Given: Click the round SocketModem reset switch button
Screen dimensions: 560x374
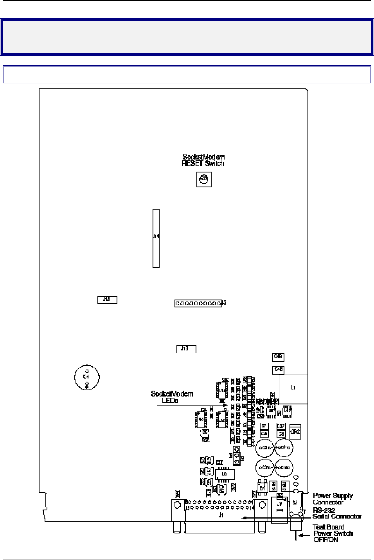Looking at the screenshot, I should point(203,180).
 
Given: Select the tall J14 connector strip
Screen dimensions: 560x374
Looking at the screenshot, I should point(156,238).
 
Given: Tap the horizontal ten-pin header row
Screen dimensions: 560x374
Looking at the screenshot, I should point(198,303).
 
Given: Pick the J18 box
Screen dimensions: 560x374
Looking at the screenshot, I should point(186,349).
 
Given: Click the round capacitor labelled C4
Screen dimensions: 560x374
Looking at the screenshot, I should point(87,377).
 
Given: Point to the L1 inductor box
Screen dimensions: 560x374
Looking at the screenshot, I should point(293,388).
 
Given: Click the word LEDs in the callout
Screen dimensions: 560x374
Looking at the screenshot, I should point(170,401).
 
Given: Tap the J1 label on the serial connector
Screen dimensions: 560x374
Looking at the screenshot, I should point(221,515).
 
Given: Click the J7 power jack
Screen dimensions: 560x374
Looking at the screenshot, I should point(279,508).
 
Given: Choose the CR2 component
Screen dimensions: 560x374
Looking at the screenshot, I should point(295,432).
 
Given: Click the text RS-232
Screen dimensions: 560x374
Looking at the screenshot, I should point(324,510).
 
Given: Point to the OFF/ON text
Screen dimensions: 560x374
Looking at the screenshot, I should point(326,540).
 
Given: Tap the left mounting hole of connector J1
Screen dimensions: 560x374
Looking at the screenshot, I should point(177,505).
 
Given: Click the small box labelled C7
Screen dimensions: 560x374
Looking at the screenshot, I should point(264,426).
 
